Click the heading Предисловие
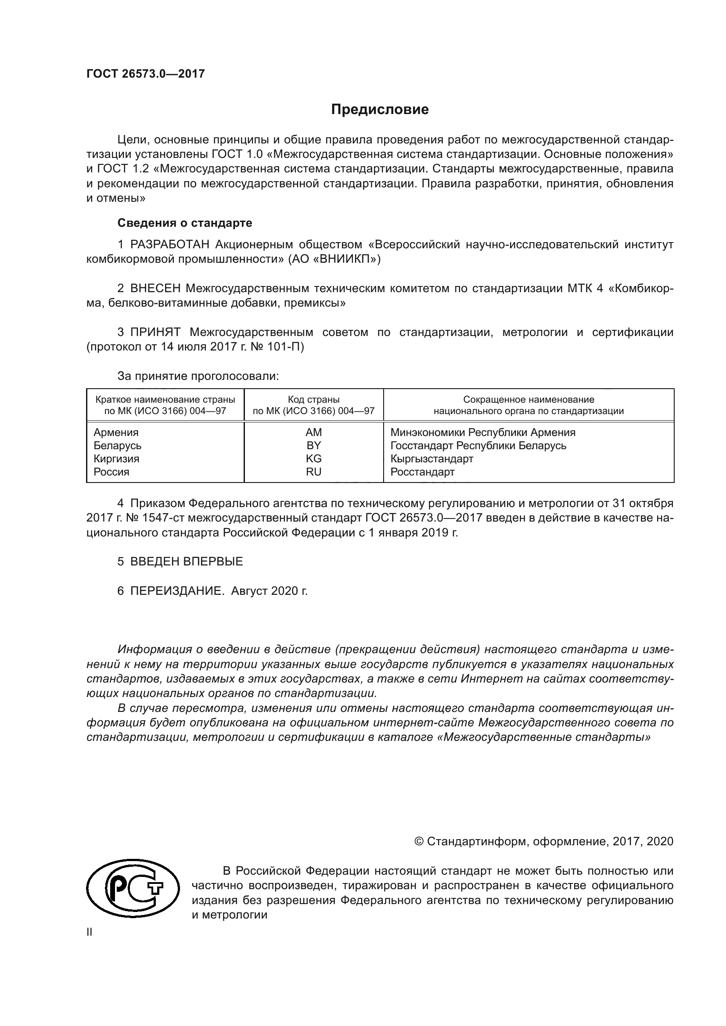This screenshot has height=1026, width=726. click(380, 110)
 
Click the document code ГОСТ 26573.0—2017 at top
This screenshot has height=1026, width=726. click(145, 74)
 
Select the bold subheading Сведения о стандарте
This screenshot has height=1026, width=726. click(185, 222)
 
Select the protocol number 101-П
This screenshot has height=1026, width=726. click(286, 347)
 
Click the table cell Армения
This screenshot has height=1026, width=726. click(116, 432)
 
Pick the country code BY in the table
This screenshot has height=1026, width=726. click(313, 446)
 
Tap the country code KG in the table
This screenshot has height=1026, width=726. click(313, 458)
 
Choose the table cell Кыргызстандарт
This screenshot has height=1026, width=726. click(431, 458)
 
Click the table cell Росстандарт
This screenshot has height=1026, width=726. click(422, 472)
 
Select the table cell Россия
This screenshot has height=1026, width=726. click(111, 472)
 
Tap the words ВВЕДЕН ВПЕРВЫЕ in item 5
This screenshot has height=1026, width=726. click(187, 562)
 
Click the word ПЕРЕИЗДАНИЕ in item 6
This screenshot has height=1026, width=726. click(176, 591)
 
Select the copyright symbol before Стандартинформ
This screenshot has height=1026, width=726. click(419, 842)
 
